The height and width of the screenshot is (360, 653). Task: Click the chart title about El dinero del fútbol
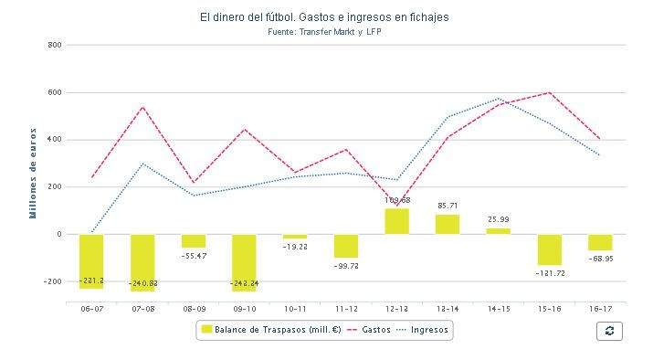[324, 17]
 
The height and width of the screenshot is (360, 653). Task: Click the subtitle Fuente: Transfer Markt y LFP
[324, 31]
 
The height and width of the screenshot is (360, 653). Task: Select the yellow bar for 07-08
[142, 262]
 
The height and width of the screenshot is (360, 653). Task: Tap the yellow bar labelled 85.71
[448, 224]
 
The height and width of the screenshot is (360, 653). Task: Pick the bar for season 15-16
[549, 249]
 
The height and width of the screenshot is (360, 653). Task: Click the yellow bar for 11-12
[345, 246]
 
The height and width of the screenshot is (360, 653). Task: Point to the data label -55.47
[194, 256]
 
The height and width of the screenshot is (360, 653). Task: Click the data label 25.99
[498, 219]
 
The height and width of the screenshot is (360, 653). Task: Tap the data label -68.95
[600, 259]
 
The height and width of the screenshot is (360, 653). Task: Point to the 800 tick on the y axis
[54, 45]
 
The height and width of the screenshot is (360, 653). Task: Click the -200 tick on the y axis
[51, 281]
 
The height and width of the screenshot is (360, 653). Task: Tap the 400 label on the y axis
[54, 140]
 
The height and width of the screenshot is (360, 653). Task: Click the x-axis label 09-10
[244, 310]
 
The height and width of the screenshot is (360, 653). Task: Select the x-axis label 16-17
[600, 310]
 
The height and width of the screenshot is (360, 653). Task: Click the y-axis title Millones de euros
[32, 175]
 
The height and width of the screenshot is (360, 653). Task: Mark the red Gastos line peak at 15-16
[549, 92]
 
